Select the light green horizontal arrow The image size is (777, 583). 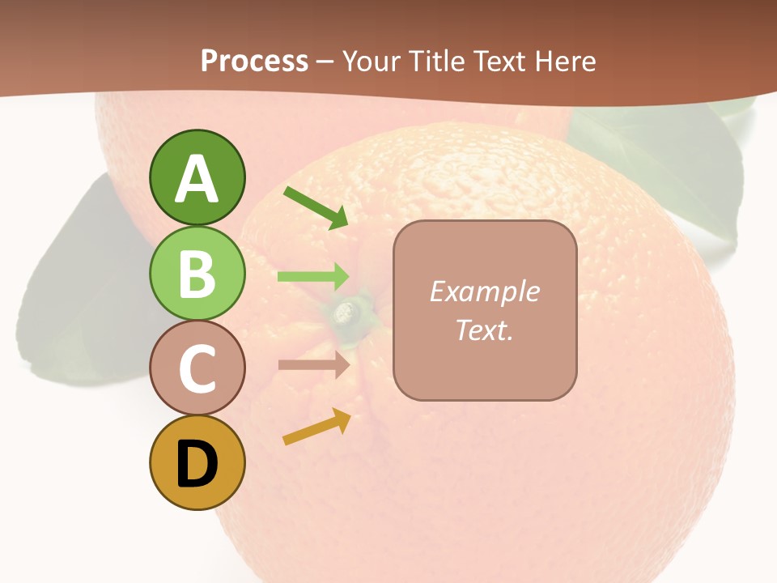tap(313, 277)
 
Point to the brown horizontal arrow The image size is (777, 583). tap(313, 365)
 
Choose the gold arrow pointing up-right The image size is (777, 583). tap(317, 427)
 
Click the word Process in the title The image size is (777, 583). tap(254, 61)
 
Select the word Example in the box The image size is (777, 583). tap(484, 291)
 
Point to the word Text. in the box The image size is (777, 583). tap(484, 330)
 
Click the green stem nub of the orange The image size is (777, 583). tap(348, 311)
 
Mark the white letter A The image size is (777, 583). tap(197, 178)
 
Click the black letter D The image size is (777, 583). tap(197, 464)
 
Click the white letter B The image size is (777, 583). tap(197, 274)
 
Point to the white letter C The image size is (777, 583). tap(197, 368)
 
